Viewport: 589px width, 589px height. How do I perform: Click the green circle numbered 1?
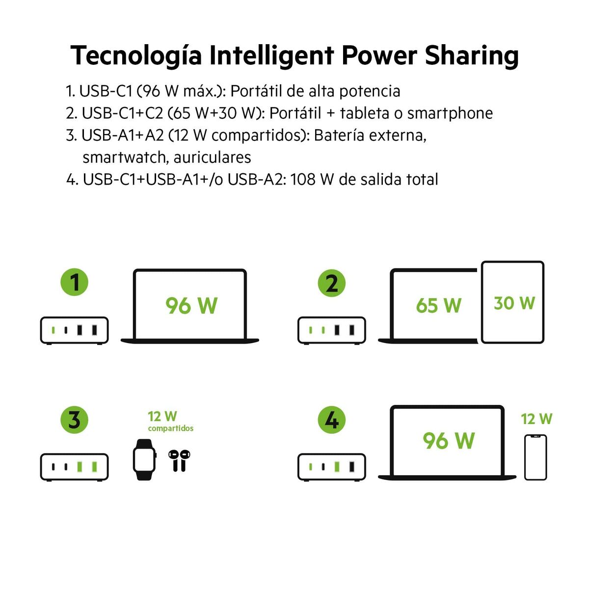coord(74,282)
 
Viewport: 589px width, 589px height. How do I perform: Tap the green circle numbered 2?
coord(332,283)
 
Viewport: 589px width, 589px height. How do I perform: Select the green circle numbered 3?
coord(74,420)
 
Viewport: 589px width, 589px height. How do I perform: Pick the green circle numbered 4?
coord(332,420)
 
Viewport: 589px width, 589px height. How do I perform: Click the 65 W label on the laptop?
coord(438,305)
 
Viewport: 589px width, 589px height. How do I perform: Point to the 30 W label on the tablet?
coord(514,303)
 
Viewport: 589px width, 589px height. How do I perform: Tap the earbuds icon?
coord(179,460)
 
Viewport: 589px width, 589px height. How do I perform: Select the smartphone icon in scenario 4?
coord(535,457)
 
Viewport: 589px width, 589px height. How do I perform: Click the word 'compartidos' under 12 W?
coord(171,428)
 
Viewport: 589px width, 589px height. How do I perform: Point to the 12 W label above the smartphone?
coord(536,419)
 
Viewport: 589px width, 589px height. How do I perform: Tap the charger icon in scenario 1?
coord(74,330)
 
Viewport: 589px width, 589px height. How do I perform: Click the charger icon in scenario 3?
coord(74,466)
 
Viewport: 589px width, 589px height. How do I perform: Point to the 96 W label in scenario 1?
coord(191,305)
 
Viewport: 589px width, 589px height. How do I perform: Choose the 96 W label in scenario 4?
coord(449,440)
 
